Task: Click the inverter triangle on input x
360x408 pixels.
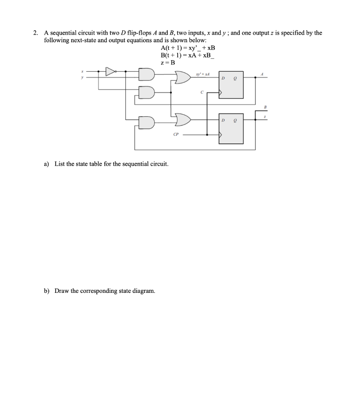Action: pyautogui.click(x=110, y=72)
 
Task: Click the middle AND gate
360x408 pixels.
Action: pyautogui.click(x=146, y=92)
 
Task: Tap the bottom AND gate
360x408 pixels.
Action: pyautogui.click(x=146, y=123)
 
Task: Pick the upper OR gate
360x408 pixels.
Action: pyautogui.click(x=182, y=77)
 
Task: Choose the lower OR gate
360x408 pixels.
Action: pyautogui.click(x=182, y=119)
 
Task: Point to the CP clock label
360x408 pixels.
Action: pyautogui.click(x=176, y=134)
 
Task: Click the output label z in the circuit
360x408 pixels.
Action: pyautogui.click(x=265, y=117)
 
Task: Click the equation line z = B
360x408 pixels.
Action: pyautogui.click(x=168, y=63)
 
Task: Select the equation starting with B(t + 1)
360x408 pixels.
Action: pyautogui.click(x=187, y=55)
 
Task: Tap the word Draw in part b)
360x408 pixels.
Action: pyautogui.click(x=62, y=291)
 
